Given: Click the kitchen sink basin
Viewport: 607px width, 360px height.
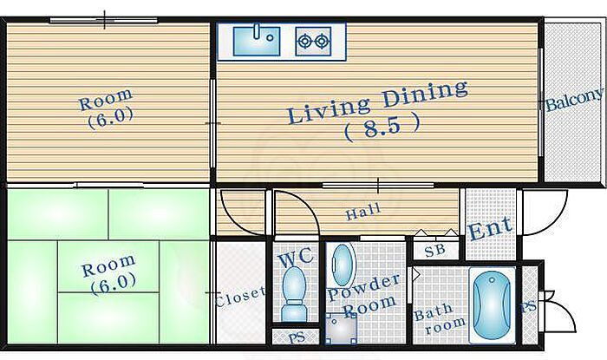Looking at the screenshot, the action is pyautogui.click(x=257, y=40).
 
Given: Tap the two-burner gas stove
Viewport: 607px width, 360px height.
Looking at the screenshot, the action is pyautogui.click(x=313, y=41).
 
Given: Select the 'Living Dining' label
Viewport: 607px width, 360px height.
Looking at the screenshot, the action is pyautogui.click(x=378, y=101).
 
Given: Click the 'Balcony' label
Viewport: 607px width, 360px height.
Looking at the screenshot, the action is pyautogui.click(x=574, y=100).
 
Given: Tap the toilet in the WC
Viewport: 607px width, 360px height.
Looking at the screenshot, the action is pyautogui.click(x=293, y=293).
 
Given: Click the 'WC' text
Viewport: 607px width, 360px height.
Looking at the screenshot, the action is pyautogui.click(x=296, y=258).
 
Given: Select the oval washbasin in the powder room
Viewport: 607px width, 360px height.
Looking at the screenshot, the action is pyautogui.click(x=343, y=265).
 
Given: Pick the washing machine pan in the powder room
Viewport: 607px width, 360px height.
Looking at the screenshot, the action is pyautogui.click(x=341, y=329).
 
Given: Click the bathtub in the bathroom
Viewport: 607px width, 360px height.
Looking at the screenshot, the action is pyautogui.click(x=492, y=305).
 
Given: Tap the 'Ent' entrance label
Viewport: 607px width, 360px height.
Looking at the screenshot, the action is pyautogui.click(x=490, y=229).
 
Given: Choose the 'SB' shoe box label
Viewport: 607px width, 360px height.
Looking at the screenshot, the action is pyautogui.click(x=435, y=251).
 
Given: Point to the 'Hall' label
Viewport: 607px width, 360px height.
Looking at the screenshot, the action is pyautogui.click(x=362, y=212).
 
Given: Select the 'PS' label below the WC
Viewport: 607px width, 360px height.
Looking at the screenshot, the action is pyautogui.click(x=297, y=337).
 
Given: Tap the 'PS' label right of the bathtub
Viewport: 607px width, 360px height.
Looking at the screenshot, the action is pyautogui.click(x=528, y=307).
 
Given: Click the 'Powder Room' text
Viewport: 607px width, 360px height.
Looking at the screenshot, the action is pyautogui.click(x=363, y=295).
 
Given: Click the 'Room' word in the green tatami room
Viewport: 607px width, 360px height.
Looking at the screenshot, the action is pyautogui.click(x=108, y=265).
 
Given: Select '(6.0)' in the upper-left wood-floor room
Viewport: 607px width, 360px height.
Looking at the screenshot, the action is pyautogui.click(x=110, y=115).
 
